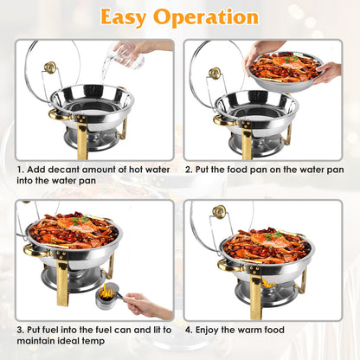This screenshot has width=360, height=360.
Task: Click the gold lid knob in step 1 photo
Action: pyautogui.click(x=50, y=67)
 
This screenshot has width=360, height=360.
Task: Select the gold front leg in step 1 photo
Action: pyautogui.click(x=81, y=138)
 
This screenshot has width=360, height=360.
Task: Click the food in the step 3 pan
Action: pyautogui.click(x=73, y=232)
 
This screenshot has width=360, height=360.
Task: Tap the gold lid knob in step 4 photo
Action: pyautogui.click(x=220, y=211)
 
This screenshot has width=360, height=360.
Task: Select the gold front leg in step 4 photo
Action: pyautogui.click(x=255, y=294)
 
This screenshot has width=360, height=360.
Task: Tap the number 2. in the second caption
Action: pyautogui.click(x=190, y=170)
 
